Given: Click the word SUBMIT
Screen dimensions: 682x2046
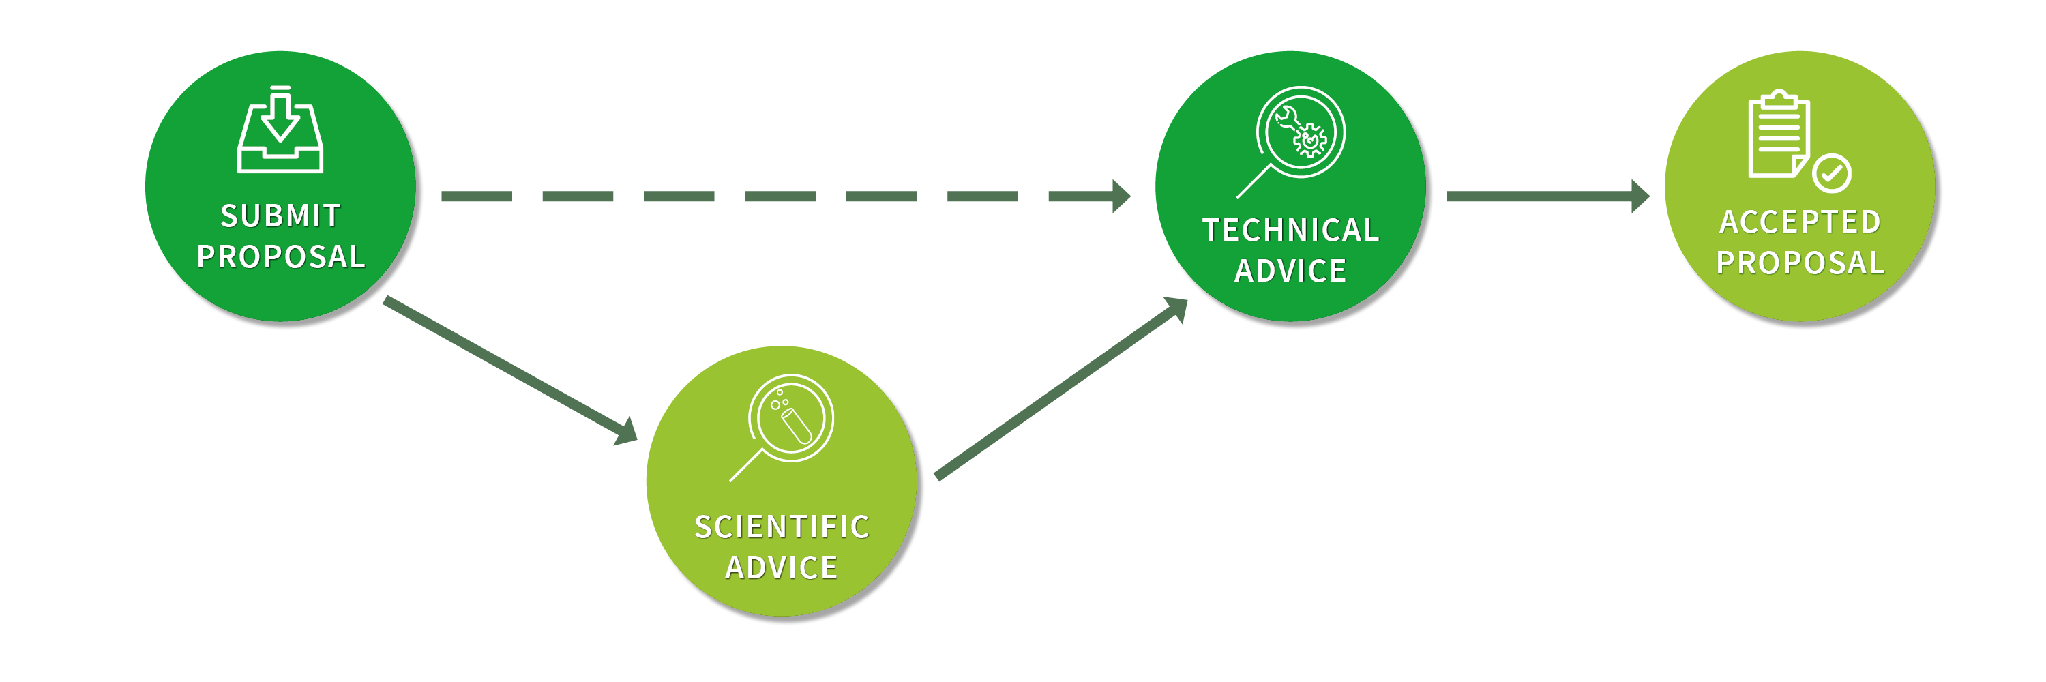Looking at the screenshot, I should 280,216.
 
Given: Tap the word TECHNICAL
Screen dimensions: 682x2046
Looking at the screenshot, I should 1290,231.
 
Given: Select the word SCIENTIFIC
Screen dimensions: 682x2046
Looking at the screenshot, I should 782,527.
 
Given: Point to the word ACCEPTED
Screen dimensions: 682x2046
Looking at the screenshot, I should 1800,222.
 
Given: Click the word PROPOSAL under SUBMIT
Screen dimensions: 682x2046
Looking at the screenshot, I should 280,257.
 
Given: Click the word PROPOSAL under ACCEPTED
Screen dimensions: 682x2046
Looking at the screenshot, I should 1800,263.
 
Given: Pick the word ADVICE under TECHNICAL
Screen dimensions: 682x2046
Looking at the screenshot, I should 1290,271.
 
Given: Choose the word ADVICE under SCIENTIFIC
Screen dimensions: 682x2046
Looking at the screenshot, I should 782,567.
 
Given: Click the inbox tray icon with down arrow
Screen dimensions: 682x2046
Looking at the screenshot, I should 280,131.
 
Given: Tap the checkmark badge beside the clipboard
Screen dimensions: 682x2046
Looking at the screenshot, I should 1832,173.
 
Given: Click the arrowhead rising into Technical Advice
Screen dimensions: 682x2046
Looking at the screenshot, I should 1176,308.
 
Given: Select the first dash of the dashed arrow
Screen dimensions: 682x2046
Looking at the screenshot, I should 477,196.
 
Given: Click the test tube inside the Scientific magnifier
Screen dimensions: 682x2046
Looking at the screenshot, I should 796,426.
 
